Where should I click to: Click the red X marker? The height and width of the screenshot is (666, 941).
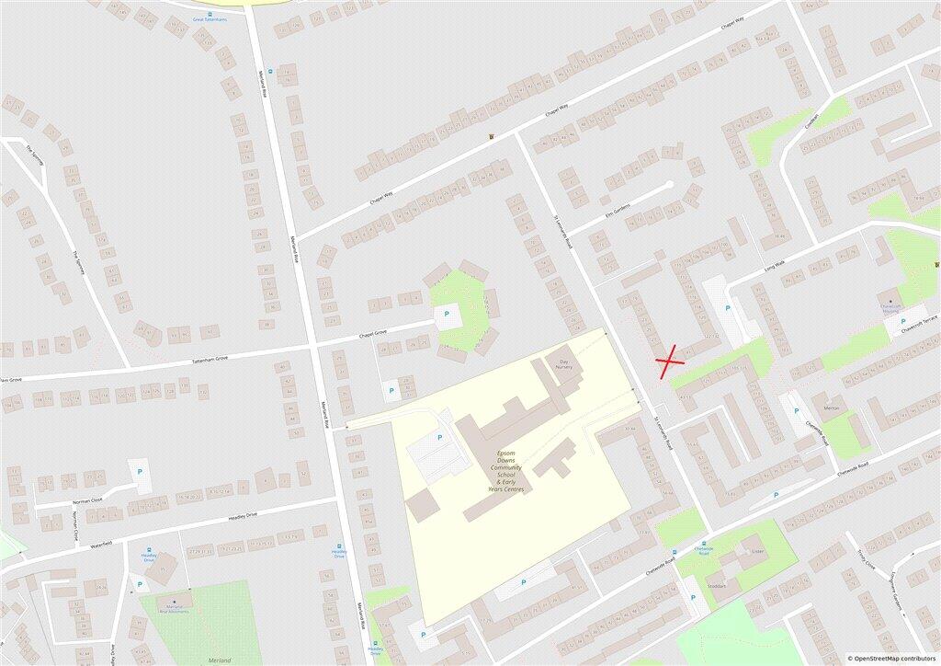[x=670, y=361]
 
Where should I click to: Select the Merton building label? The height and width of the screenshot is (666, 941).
[x=832, y=408]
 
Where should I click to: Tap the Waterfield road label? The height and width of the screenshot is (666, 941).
[x=101, y=545]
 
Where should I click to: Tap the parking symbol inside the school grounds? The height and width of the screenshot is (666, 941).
[x=438, y=438]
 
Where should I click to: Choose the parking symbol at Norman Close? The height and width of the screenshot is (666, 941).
[x=140, y=472]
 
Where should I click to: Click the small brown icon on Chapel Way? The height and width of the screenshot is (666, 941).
[x=492, y=137]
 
